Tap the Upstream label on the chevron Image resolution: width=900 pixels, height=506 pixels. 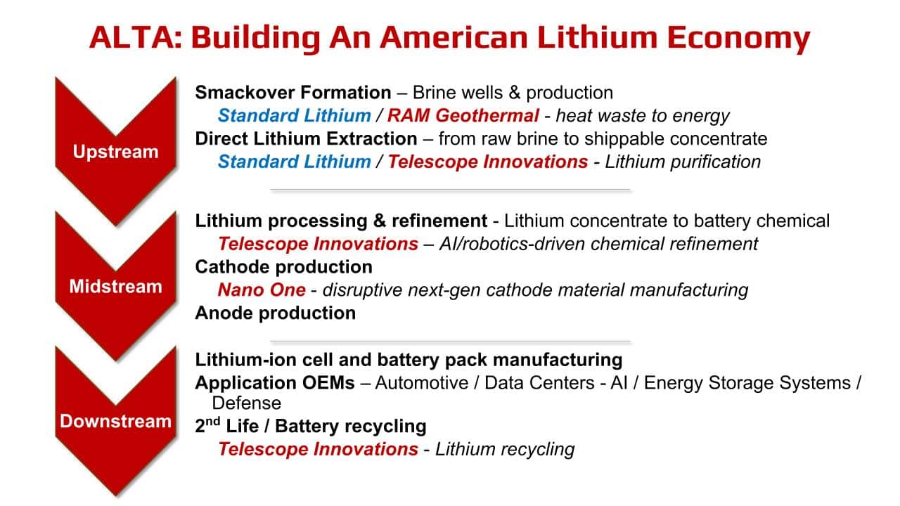pos(116,152)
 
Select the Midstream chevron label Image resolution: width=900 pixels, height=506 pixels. pos(116,286)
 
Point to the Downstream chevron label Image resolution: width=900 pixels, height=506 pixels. pos(116,421)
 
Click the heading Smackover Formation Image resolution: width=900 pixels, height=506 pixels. pos(293,92)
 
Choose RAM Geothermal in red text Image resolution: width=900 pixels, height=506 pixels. pos(463,116)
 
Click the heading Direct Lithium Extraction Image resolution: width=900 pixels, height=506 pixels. pos(306,138)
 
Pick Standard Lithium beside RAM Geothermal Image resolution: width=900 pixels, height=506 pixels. pos(295,116)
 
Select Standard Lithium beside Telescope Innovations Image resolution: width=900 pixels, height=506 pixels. pos(295,162)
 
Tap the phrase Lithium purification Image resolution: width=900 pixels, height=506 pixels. pos(683,162)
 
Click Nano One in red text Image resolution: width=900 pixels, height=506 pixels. pos(262,290)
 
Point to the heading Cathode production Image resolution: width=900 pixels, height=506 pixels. pos(283,267)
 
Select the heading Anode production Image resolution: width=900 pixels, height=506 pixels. pos(275,313)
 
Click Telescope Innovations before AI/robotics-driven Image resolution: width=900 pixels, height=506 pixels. pos(319,244)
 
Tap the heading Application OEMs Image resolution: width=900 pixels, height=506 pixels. pos(275,383)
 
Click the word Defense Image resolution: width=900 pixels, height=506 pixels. pos(247,403)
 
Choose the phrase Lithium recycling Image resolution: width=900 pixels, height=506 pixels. pos(505,449)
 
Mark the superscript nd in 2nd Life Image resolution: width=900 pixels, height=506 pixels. pos(213,421)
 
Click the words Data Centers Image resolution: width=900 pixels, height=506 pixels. pos(539,383)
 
